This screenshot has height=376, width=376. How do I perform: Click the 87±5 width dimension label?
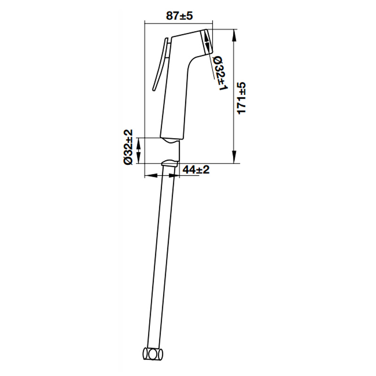point(180,16)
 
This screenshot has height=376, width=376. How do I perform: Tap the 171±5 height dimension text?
point(241,98)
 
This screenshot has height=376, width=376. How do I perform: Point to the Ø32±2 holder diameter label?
point(128,147)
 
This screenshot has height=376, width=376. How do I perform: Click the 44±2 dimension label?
point(196,170)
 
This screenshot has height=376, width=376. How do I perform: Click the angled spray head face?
point(206,42)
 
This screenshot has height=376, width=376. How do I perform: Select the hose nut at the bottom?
point(153,354)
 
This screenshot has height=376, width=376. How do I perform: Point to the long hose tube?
point(160,257)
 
